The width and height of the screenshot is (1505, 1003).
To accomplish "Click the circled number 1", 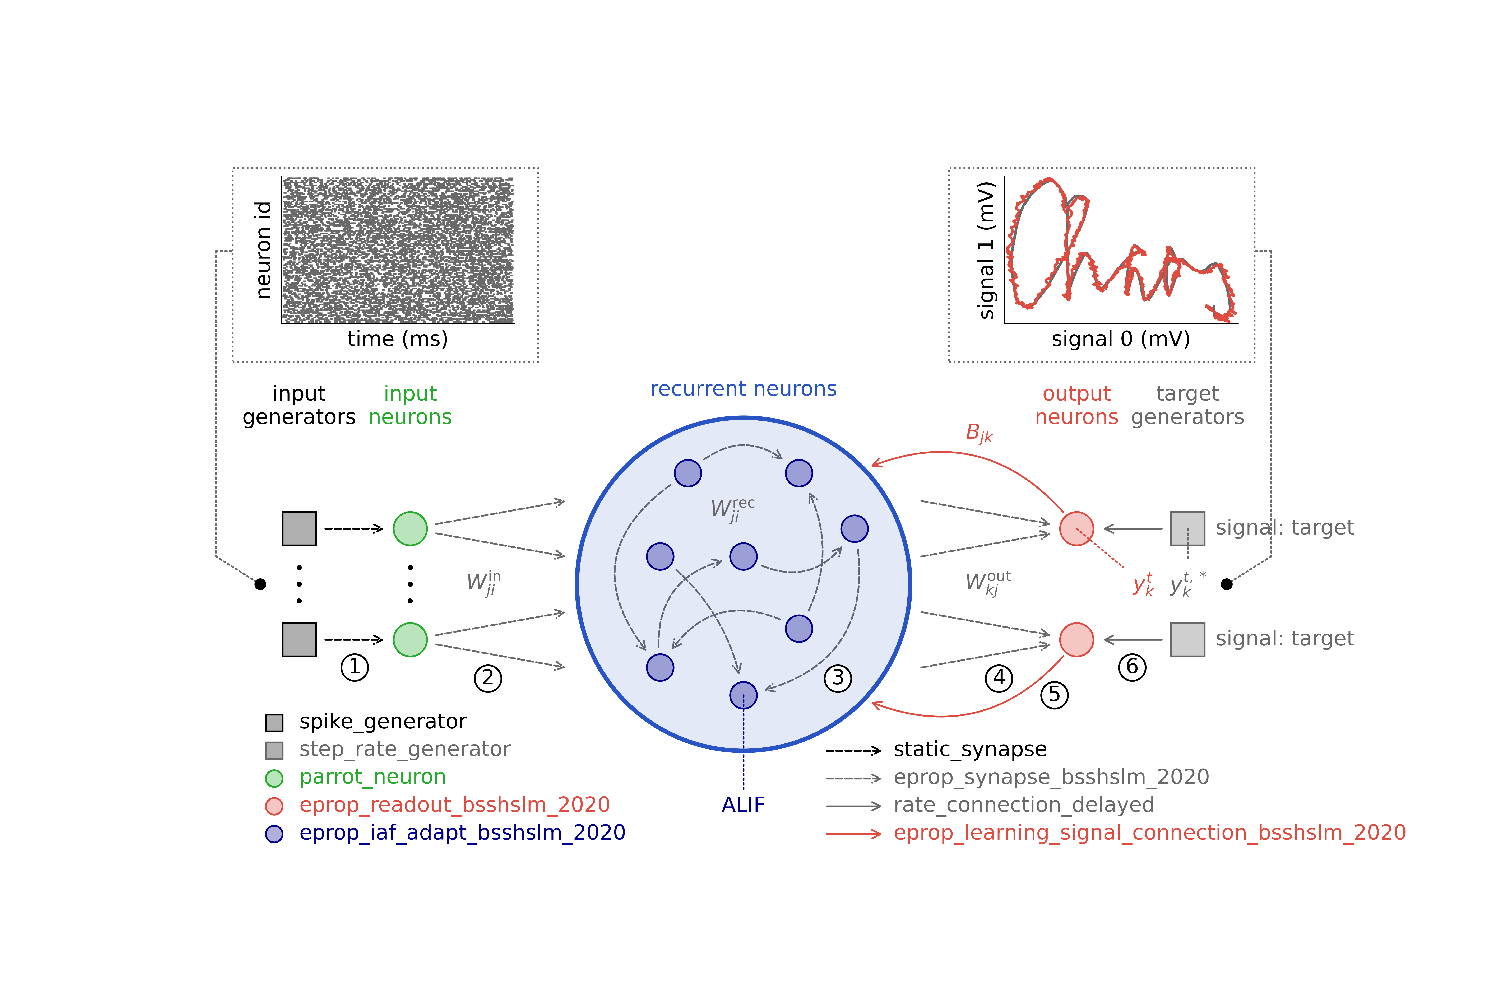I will pyautogui.click(x=355, y=667).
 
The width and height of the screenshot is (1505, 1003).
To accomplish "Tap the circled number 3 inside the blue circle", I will pyautogui.click(x=838, y=678).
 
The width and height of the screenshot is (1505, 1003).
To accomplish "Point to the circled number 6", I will pyautogui.click(x=1132, y=667).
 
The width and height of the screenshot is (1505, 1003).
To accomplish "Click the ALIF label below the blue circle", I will pyautogui.click(x=743, y=805).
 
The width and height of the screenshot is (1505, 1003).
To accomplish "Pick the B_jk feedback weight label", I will pyautogui.click(x=978, y=433).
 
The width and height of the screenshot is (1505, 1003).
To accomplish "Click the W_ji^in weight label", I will pyautogui.click(x=483, y=583).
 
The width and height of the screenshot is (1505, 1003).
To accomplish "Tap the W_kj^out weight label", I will pyautogui.click(x=987, y=583).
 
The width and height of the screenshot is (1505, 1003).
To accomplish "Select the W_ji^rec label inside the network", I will pyautogui.click(x=733, y=510).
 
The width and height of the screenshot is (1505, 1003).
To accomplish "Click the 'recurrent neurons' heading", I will pyautogui.click(x=743, y=389).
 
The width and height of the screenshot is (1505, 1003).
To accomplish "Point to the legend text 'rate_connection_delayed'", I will pyautogui.click(x=1024, y=805).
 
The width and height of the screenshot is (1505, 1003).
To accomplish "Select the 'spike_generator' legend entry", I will pyautogui.click(x=383, y=722).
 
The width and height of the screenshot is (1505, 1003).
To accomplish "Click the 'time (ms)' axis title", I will pyautogui.click(x=397, y=339).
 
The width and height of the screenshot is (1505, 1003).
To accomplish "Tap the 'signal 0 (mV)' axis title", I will pyautogui.click(x=1120, y=339).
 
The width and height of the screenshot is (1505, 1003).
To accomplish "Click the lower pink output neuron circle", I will pyautogui.click(x=1076, y=640).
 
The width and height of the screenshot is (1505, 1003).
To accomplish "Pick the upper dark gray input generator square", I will pyautogui.click(x=299, y=528).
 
